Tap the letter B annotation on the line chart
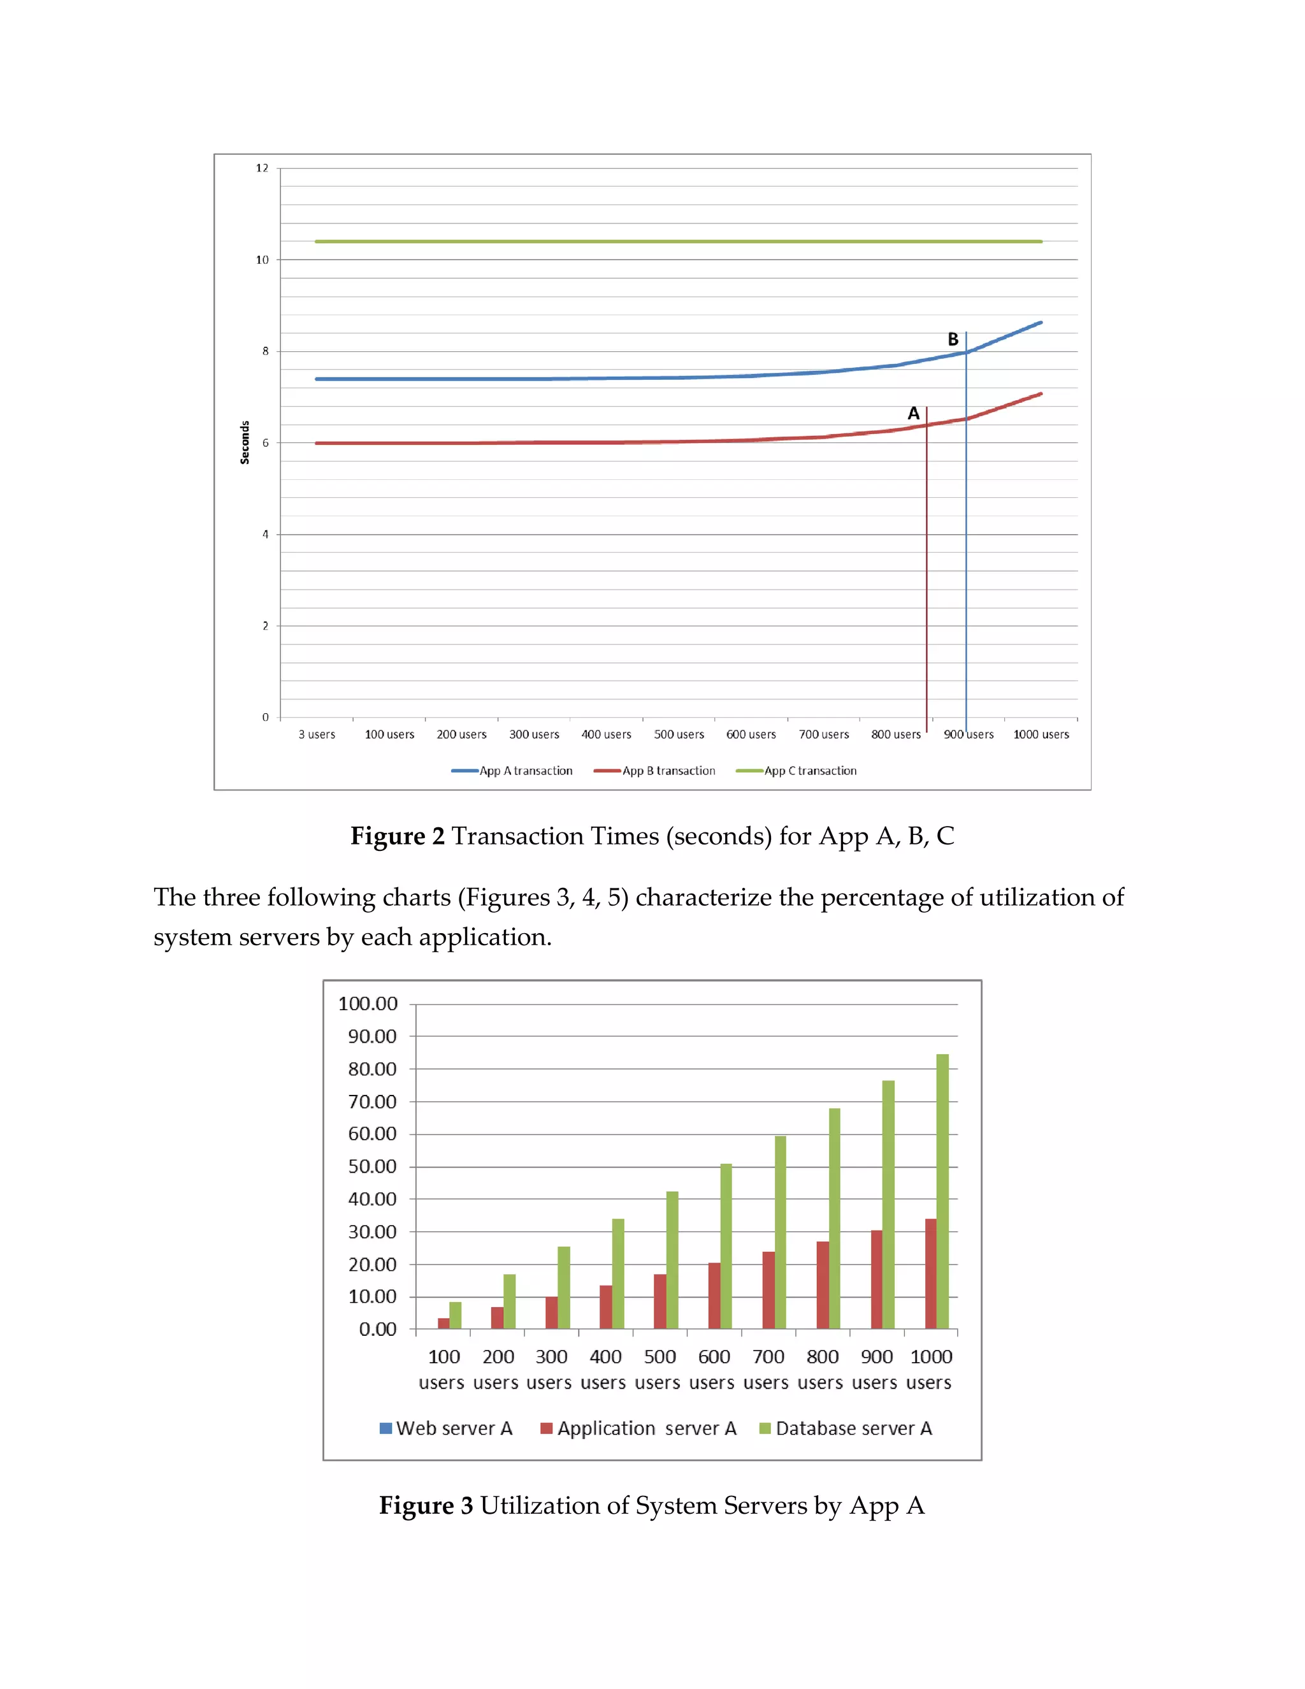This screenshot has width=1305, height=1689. tap(953, 340)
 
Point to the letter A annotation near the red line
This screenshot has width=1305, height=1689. tap(913, 414)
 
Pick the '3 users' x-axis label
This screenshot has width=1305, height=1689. tap(317, 735)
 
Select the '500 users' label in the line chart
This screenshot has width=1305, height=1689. tap(679, 735)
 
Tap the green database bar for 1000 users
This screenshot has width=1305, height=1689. tap(942, 1191)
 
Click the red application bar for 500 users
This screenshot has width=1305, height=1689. tap(660, 1301)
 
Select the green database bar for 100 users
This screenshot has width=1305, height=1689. tap(456, 1316)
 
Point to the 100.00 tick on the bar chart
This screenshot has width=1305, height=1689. tap(368, 1004)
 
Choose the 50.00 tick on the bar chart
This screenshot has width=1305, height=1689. tap(372, 1166)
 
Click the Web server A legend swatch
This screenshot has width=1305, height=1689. tap(386, 1428)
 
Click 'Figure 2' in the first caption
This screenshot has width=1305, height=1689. tap(398, 836)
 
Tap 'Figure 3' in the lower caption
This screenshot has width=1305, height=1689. tap(426, 1505)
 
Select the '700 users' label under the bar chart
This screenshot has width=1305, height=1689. tap(768, 1369)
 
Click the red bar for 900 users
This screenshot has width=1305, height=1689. tap(876, 1279)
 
